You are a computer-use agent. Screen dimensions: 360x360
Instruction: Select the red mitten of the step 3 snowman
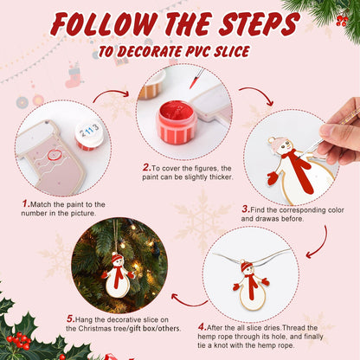coord(273,178)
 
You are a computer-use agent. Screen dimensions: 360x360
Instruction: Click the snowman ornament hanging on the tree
coord(116,273)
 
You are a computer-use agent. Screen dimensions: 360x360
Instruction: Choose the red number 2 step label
coord(145,167)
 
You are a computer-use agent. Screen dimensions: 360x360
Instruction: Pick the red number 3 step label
coord(246,209)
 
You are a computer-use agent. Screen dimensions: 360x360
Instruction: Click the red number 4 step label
coord(202,326)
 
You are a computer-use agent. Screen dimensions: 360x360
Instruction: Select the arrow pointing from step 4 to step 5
coord(185,300)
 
